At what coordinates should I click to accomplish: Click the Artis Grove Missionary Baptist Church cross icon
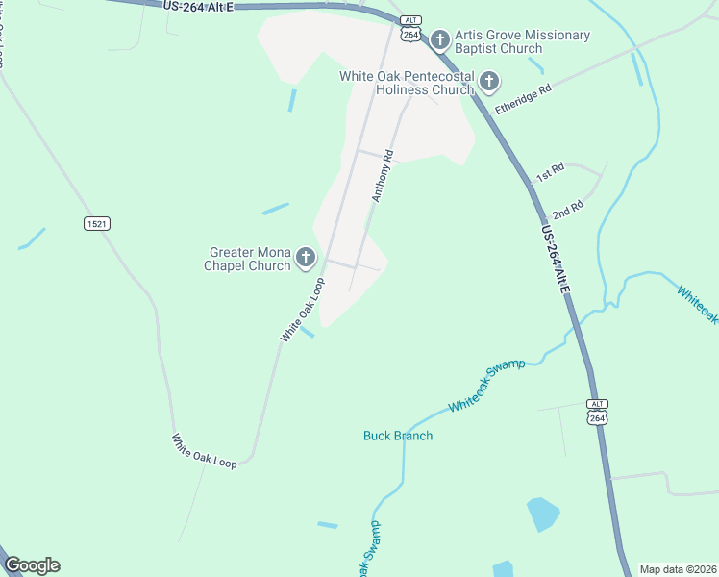pyautogui.click(x=440, y=39)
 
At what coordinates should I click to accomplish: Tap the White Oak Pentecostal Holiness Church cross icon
pyautogui.click(x=489, y=82)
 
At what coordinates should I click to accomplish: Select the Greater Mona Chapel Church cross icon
pyautogui.click(x=306, y=257)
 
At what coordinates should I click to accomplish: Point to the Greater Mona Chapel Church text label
pyautogui.click(x=248, y=259)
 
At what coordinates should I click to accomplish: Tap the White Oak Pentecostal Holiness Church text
pyautogui.click(x=407, y=83)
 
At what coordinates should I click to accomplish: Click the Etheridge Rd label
pyautogui.click(x=523, y=99)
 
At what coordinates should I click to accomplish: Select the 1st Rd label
pyautogui.click(x=550, y=173)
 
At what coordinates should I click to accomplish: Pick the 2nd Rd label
pyautogui.click(x=568, y=211)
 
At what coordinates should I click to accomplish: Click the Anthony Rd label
pyautogui.click(x=384, y=175)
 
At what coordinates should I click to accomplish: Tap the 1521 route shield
pyautogui.click(x=97, y=223)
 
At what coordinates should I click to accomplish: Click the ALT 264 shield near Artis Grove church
pyautogui.click(x=410, y=29)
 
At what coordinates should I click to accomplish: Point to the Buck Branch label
pyautogui.click(x=398, y=436)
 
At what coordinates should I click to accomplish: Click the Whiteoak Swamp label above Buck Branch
pyautogui.click(x=486, y=387)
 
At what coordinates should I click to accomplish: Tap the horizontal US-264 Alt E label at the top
pyautogui.click(x=197, y=6)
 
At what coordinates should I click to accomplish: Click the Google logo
pyautogui.click(x=32, y=565)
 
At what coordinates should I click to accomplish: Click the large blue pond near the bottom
pyautogui.click(x=542, y=514)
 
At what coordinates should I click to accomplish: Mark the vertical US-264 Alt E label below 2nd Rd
pyautogui.click(x=555, y=261)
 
